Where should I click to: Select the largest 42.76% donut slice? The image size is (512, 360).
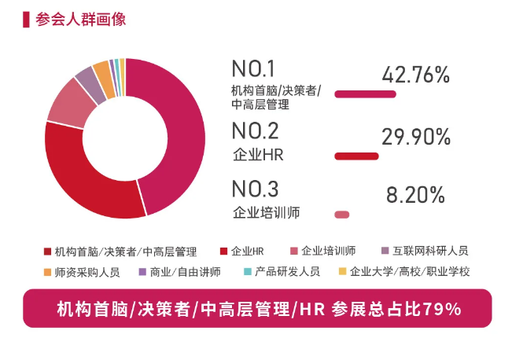click(x=177, y=134)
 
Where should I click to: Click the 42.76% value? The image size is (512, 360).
click(x=415, y=75)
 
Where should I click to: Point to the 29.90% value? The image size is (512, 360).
click(x=415, y=137)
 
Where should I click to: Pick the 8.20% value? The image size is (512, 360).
click(x=415, y=194)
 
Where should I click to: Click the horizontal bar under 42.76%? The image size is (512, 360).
click(x=365, y=94)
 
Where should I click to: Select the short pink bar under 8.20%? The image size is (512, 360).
click(x=342, y=215)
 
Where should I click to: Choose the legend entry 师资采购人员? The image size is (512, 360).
click(x=87, y=272)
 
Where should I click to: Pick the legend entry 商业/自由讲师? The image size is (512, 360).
click(x=185, y=272)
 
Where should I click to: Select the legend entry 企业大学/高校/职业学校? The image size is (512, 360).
click(x=409, y=272)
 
